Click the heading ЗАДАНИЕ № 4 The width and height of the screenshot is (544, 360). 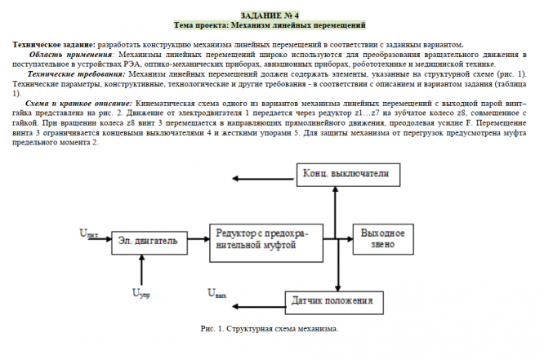point(270,16)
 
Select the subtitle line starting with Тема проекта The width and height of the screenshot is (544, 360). point(270,25)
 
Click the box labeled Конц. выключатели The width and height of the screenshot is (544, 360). point(340,175)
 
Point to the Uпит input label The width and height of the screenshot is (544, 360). point(89,233)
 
